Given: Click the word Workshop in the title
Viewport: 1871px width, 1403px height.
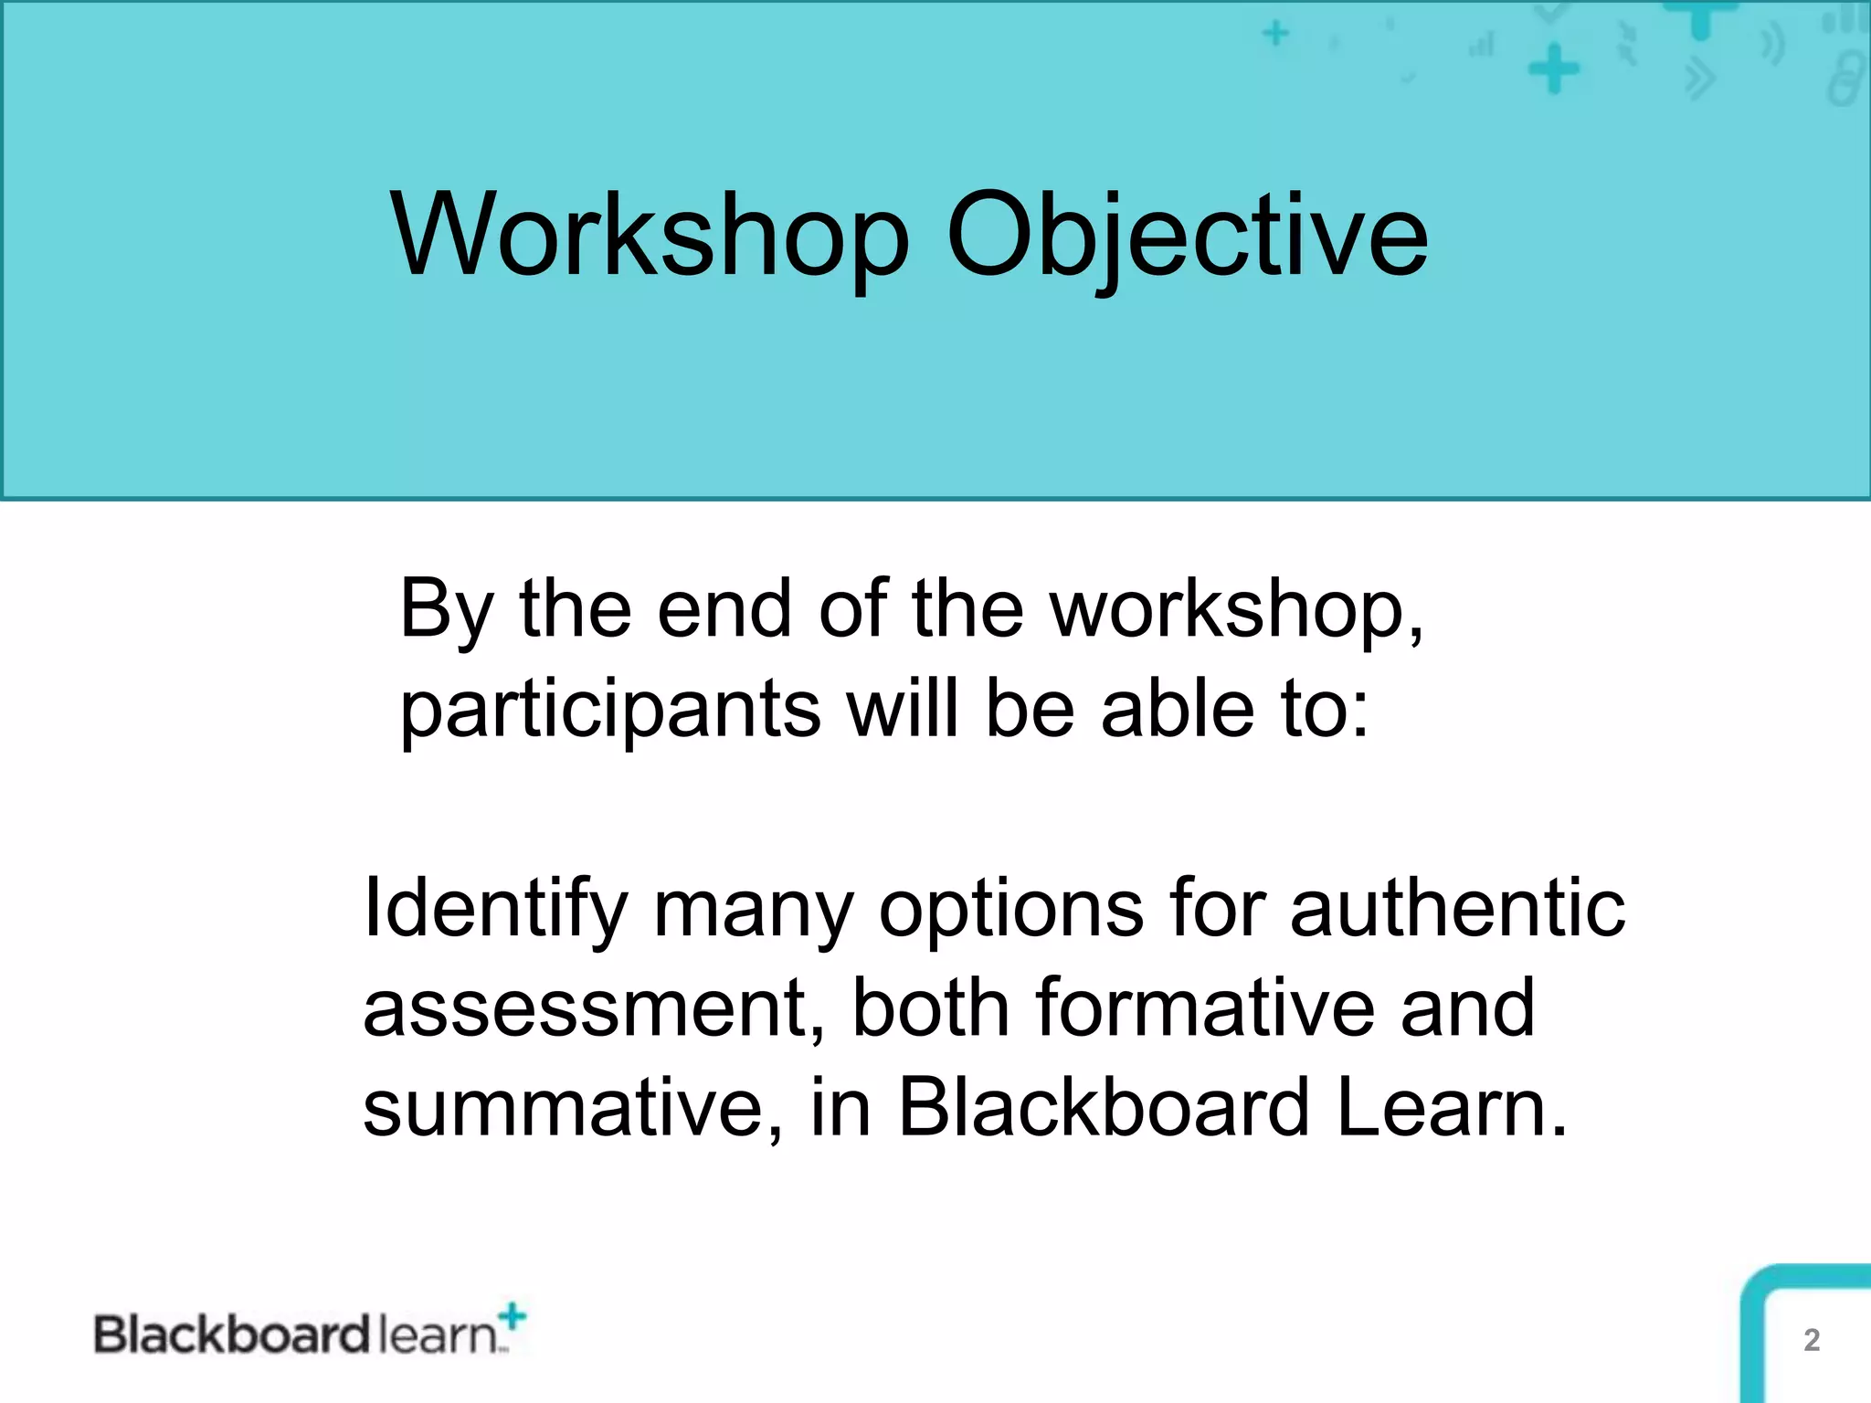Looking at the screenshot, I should [x=650, y=236].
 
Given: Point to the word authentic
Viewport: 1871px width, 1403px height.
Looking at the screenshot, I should [x=1457, y=908].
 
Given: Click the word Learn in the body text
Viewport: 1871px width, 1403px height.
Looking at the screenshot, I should [x=1451, y=1107].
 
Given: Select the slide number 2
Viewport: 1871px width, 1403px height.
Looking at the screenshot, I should [x=1812, y=1340].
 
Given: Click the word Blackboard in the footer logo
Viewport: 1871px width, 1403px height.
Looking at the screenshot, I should [x=231, y=1335].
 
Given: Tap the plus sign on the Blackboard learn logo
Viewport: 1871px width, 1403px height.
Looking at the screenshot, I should [x=513, y=1316].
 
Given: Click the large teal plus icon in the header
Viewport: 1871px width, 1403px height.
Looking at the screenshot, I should [x=1553, y=70].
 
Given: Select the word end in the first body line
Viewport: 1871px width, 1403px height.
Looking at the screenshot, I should [x=724, y=610].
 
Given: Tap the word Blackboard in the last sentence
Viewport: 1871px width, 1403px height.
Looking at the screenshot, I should [x=1104, y=1107].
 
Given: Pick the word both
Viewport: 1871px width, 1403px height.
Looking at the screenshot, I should [x=930, y=1008].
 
